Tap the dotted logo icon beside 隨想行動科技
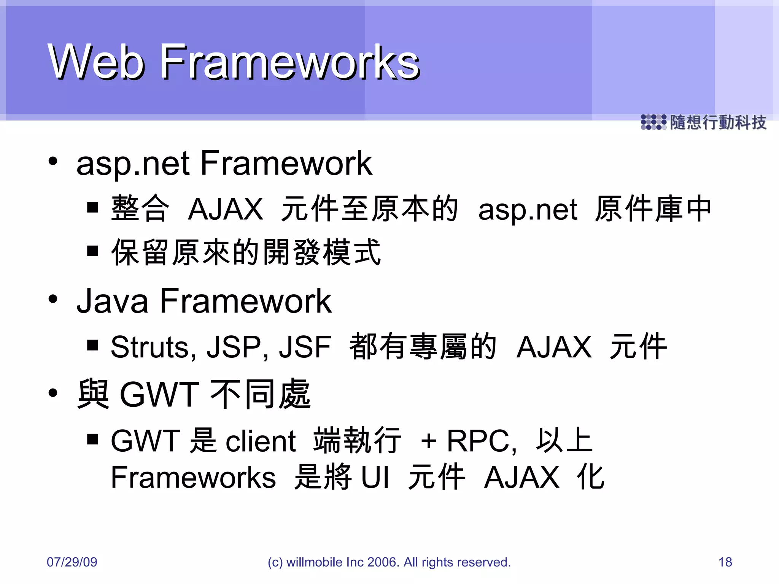(x=653, y=122)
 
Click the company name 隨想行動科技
(x=718, y=122)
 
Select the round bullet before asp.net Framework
(x=53, y=161)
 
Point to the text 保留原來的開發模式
(x=246, y=252)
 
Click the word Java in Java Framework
(x=112, y=301)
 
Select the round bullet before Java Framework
(x=53, y=299)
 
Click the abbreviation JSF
(x=305, y=347)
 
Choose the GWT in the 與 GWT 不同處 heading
(x=159, y=395)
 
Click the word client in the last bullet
(x=261, y=441)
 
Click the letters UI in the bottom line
(x=375, y=478)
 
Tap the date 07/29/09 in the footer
(x=72, y=562)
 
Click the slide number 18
(x=725, y=562)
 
